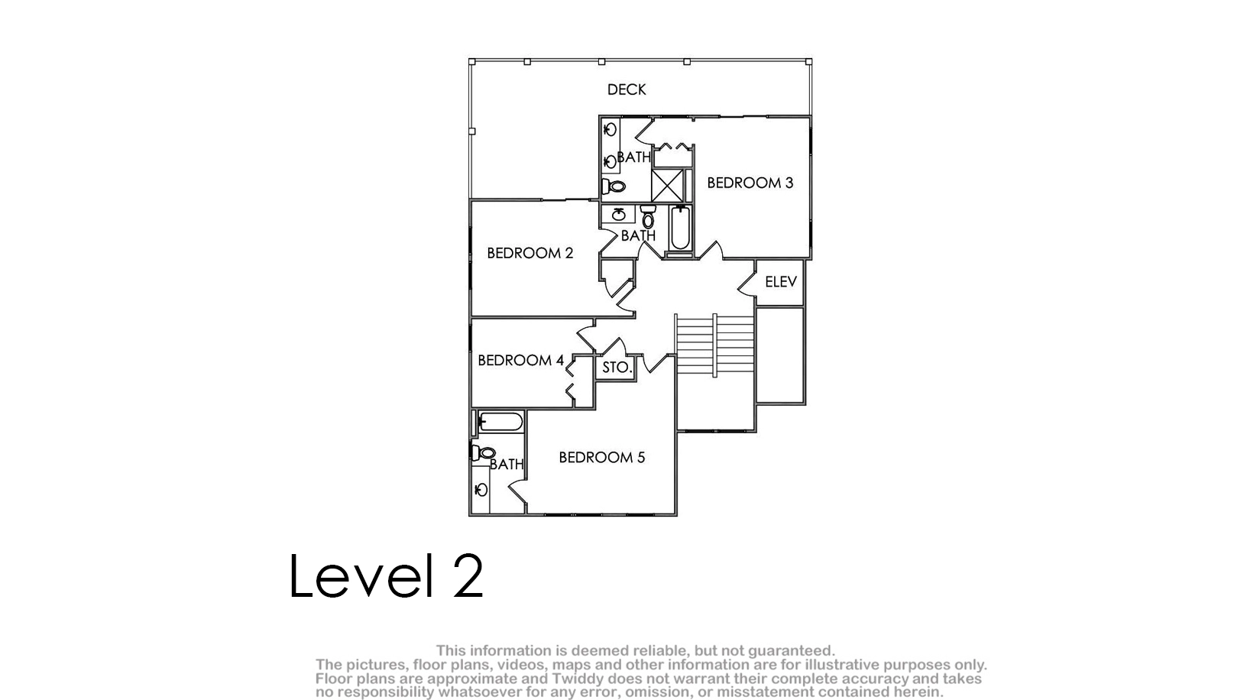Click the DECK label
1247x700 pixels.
click(627, 89)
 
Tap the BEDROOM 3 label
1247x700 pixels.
click(750, 183)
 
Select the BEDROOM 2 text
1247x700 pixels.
click(530, 253)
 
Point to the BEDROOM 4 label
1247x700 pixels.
click(521, 360)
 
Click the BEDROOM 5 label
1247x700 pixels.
click(602, 457)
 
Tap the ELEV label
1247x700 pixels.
click(780, 282)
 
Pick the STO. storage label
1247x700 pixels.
click(617, 368)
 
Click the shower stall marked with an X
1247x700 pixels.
click(668, 185)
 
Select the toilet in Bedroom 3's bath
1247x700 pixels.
click(614, 186)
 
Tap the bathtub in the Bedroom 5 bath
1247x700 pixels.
click(500, 422)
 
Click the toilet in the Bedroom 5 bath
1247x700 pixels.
click(483, 452)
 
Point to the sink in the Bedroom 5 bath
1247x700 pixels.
click(481, 490)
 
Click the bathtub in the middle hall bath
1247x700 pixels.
click(680, 228)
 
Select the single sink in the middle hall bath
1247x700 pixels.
click(618, 214)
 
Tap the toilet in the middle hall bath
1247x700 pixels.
click(648, 216)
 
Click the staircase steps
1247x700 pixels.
click(714, 345)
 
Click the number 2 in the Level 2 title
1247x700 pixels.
click(468, 576)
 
